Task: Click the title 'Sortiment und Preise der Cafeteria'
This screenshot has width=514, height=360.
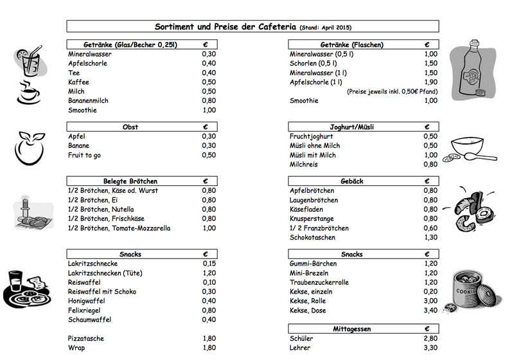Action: point(226,27)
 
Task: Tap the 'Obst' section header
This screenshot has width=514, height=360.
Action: point(130,127)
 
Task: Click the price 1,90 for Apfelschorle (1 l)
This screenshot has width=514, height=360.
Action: point(430,82)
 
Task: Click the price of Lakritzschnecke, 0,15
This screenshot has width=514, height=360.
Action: point(209,264)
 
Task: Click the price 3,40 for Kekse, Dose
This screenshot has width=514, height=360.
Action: point(430,310)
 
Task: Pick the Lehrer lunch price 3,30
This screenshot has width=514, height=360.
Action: point(430,347)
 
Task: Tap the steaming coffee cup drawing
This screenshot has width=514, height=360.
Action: point(29,93)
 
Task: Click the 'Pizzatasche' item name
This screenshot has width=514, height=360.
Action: point(86,338)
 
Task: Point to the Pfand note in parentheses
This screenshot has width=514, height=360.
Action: point(392,92)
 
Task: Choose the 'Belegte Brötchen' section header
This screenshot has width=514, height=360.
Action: point(130,181)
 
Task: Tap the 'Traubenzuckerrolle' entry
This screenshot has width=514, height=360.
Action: point(319,282)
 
